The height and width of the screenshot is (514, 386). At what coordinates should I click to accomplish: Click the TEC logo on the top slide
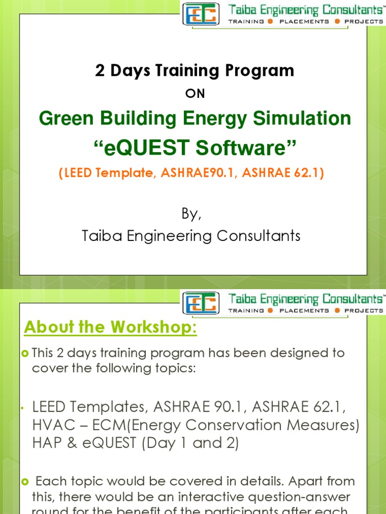point(201,14)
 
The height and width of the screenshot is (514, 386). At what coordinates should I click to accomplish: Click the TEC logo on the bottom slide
point(201,303)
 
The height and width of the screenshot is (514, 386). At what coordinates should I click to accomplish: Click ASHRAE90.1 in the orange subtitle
point(189,173)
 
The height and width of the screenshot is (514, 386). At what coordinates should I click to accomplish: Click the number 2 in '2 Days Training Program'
point(100,71)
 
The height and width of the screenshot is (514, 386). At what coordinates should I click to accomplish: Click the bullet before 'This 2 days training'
point(27,353)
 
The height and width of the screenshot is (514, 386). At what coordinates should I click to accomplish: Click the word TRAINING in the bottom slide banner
point(247,311)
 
